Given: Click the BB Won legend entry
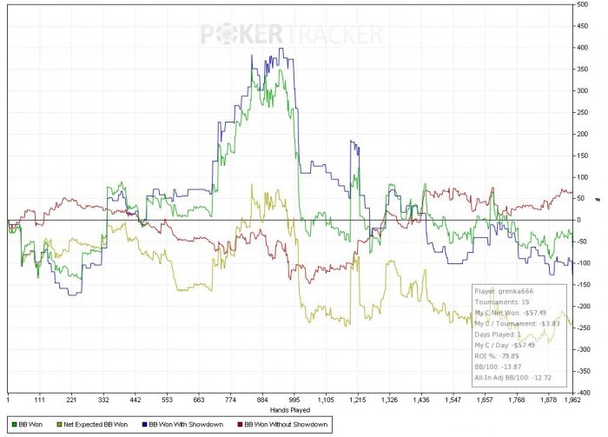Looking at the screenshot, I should click(30, 424).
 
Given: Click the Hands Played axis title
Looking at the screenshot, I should click(290, 408).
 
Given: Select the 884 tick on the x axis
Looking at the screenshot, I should click(262, 400).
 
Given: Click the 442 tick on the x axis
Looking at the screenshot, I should click(135, 400).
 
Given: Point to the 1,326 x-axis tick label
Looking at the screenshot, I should click(390, 400).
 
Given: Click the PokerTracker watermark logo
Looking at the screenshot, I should click(291, 34).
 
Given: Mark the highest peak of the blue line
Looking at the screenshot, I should click(282, 49).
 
